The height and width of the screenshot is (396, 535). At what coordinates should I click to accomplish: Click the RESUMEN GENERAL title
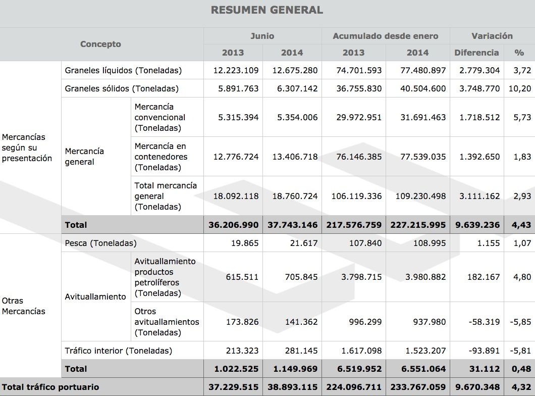pyautogui.click(x=267, y=10)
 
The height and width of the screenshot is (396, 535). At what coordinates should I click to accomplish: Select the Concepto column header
pyautogui.click(x=100, y=44)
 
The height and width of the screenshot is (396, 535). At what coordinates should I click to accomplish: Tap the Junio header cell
pyautogui.click(x=262, y=36)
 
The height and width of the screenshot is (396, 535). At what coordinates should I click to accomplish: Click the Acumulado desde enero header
pyautogui.click(x=386, y=36)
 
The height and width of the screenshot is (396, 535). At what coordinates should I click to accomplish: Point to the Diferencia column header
pyautogui.click(x=476, y=53)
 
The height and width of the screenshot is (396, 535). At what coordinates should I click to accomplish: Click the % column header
pyautogui.click(x=519, y=53)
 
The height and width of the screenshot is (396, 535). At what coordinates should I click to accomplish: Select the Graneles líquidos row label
pyautogui.click(x=123, y=70)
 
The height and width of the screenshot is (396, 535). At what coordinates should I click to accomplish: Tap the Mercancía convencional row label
pyautogui.click(x=160, y=117)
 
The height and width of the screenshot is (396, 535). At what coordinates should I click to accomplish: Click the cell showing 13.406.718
pyautogui.click(x=293, y=157)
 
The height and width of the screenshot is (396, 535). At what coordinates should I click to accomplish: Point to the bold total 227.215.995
pyautogui.click(x=418, y=225)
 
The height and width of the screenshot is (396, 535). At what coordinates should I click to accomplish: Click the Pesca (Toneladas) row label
pyautogui.click(x=101, y=243)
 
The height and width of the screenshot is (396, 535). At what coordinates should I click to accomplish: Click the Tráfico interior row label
pyautogui.click(x=119, y=351)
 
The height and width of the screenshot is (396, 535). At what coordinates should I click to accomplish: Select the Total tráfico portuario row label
pyautogui.click(x=50, y=387)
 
